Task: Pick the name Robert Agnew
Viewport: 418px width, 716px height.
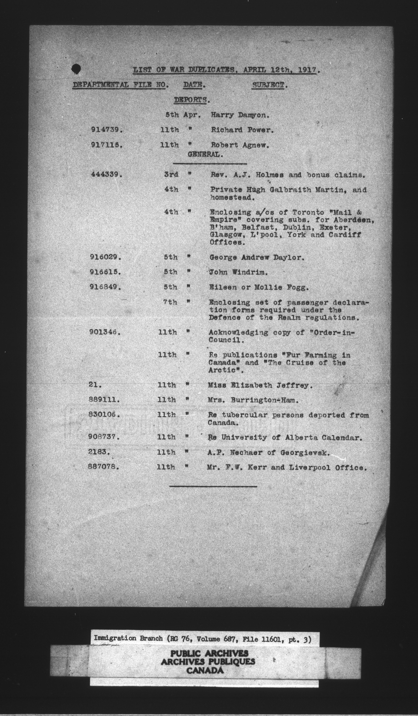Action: point(240,145)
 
